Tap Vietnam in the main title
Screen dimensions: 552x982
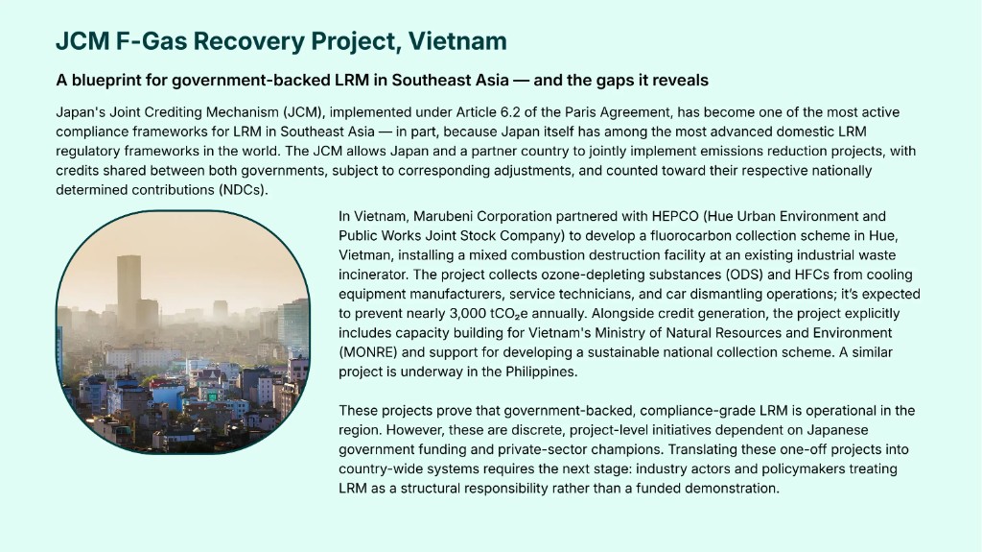(x=457, y=41)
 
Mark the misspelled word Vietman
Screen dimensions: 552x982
(x=362, y=254)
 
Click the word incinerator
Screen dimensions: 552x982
(x=375, y=274)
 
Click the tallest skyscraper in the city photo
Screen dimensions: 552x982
(x=129, y=288)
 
